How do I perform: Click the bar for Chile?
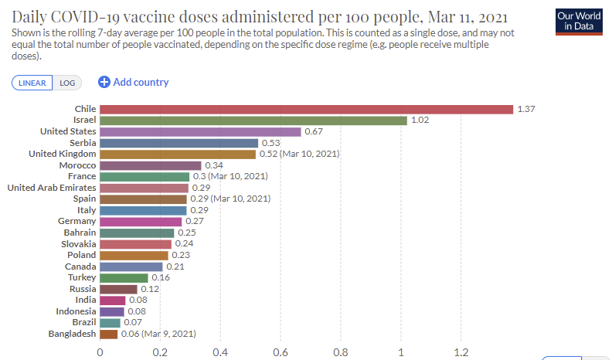coord(306,109)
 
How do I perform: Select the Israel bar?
coord(253,121)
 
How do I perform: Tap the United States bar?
coord(200,131)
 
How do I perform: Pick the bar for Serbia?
coord(178,143)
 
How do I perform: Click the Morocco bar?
coord(150,165)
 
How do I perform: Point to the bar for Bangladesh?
coord(108,334)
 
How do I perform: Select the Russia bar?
coord(118,289)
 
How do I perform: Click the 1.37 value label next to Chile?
coord(526,109)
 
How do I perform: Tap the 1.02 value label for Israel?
coord(420,121)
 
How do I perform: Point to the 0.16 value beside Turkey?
coord(161,277)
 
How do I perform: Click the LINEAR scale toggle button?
coord(32,83)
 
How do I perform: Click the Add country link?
coord(134,82)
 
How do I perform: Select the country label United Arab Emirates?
coord(51,188)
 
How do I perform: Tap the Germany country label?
coord(76,221)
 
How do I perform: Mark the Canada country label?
coord(80,267)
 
